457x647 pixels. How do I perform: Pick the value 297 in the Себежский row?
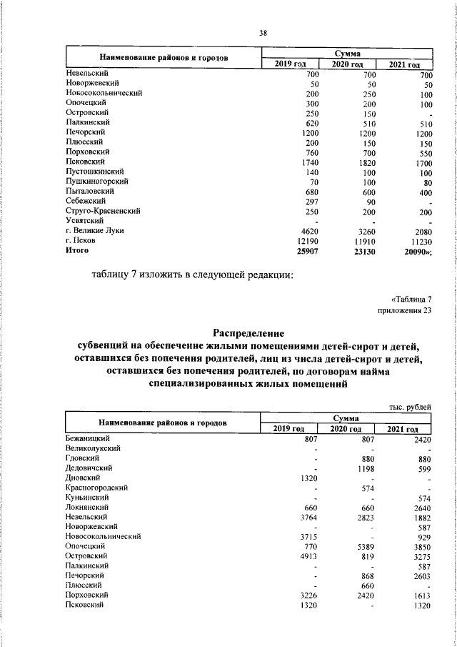311,201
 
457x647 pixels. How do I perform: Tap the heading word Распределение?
248,332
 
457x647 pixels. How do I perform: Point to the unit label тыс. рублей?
410,407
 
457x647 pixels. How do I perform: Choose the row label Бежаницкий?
87,437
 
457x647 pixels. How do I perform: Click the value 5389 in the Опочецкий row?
366,545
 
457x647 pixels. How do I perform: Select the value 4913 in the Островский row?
306,555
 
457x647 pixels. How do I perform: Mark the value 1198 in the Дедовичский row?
366,467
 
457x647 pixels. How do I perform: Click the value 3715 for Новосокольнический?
306,535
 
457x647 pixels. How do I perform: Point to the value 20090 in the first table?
418,251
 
